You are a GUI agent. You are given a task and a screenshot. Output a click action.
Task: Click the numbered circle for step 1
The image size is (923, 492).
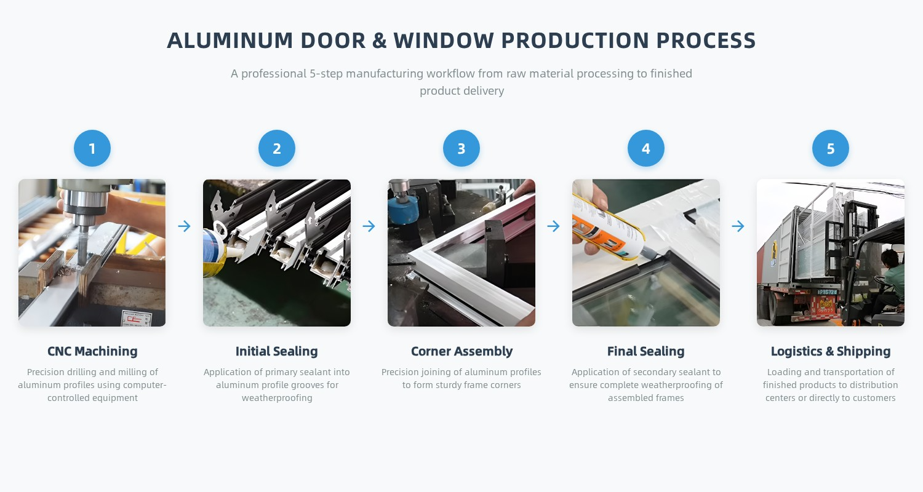(x=92, y=148)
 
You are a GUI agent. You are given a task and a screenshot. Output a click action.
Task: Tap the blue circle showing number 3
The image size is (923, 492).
(x=461, y=148)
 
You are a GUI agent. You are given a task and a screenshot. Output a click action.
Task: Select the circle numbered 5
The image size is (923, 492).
(x=830, y=148)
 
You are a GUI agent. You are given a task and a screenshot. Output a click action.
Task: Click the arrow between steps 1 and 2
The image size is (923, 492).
(x=184, y=226)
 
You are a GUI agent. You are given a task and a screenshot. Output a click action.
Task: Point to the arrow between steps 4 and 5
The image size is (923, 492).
(x=738, y=226)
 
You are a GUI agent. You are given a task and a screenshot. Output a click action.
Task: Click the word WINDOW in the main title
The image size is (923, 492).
(x=444, y=41)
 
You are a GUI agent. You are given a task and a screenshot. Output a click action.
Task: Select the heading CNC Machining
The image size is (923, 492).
(x=92, y=351)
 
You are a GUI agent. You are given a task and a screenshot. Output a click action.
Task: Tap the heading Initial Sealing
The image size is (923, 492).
(x=276, y=351)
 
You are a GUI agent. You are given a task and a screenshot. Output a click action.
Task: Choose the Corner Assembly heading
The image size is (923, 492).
(x=461, y=351)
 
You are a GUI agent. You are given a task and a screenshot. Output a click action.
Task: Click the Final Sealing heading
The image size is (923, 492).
(x=645, y=351)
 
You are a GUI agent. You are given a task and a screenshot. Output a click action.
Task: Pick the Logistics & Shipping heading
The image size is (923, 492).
(x=830, y=351)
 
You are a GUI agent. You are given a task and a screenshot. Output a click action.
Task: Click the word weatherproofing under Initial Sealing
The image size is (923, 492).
(x=277, y=398)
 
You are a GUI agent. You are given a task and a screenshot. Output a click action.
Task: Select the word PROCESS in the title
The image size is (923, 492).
(x=706, y=41)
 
